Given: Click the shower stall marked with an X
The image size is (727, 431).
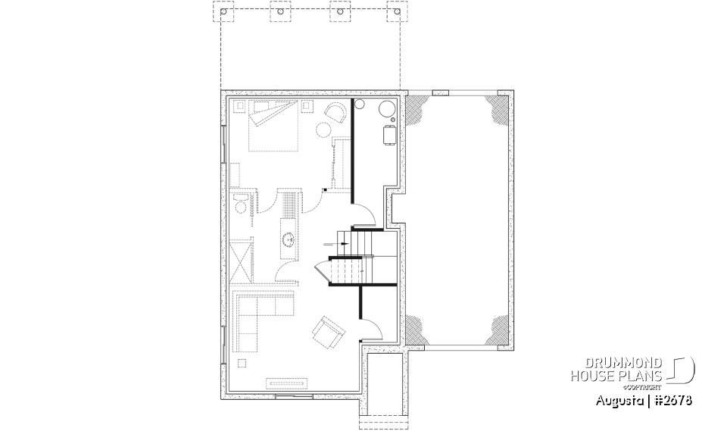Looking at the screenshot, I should click(x=242, y=261).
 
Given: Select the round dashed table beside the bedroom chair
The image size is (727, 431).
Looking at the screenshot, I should click(x=323, y=130).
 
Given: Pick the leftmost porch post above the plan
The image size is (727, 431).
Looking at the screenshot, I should click(x=224, y=13).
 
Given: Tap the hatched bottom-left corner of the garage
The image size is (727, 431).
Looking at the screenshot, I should click(x=416, y=329).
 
